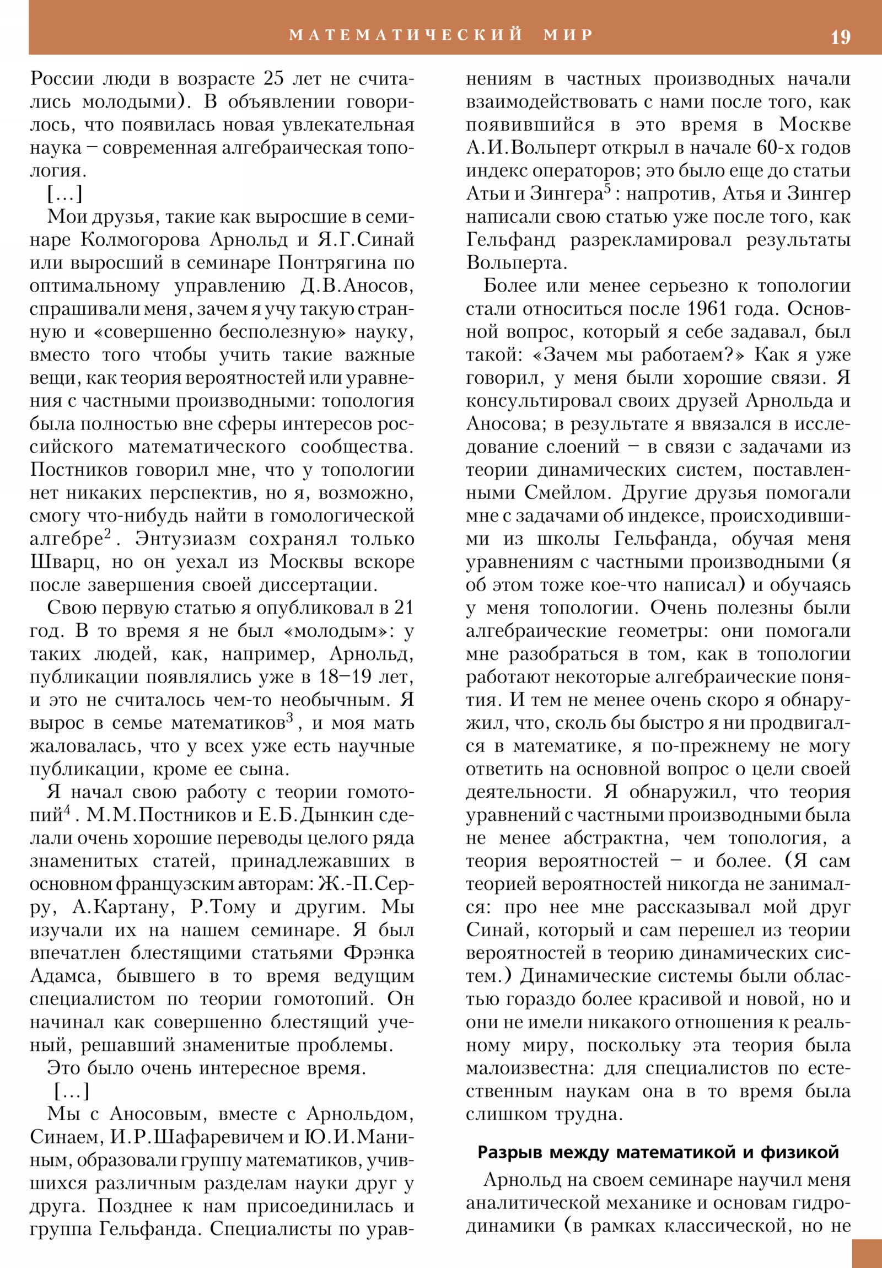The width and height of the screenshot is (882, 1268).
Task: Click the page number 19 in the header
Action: (x=840, y=37)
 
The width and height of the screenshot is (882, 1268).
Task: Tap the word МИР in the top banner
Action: (x=568, y=35)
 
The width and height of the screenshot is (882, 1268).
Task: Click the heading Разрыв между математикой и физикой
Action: (x=658, y=1152)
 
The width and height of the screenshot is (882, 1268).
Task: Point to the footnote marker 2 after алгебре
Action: (x=107, y=533)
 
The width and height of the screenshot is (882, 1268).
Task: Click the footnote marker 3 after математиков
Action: (x=289, y=717)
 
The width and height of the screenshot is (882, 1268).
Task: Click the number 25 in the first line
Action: (x=273, y=78)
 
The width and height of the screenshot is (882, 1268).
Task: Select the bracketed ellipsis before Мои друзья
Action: (x=64, y=194)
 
